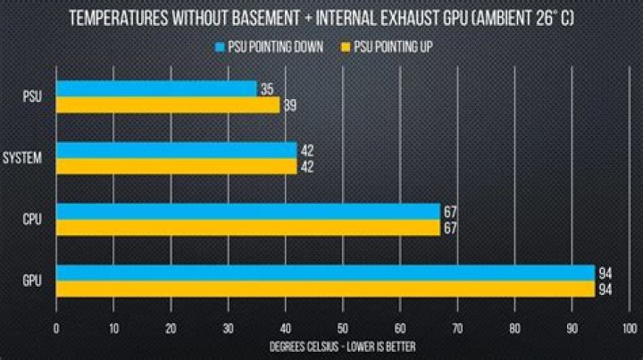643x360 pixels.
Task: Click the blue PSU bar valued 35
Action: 156,89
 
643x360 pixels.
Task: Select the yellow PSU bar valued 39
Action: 168,105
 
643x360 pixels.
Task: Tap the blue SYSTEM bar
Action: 176,150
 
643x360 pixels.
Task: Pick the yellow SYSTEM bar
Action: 176,166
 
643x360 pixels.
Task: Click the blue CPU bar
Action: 248,211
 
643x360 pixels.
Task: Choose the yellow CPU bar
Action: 248,228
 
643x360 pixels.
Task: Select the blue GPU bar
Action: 325,272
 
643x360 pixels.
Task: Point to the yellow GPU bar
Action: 325,289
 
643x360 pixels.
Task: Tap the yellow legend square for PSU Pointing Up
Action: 346,46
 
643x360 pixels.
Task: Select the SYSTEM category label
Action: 24,158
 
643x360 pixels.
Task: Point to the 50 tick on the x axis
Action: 343,328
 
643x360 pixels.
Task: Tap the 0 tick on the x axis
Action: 56,328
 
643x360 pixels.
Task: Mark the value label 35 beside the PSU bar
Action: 266,89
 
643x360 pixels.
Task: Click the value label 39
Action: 289,105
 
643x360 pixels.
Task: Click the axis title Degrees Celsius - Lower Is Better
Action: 342,346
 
